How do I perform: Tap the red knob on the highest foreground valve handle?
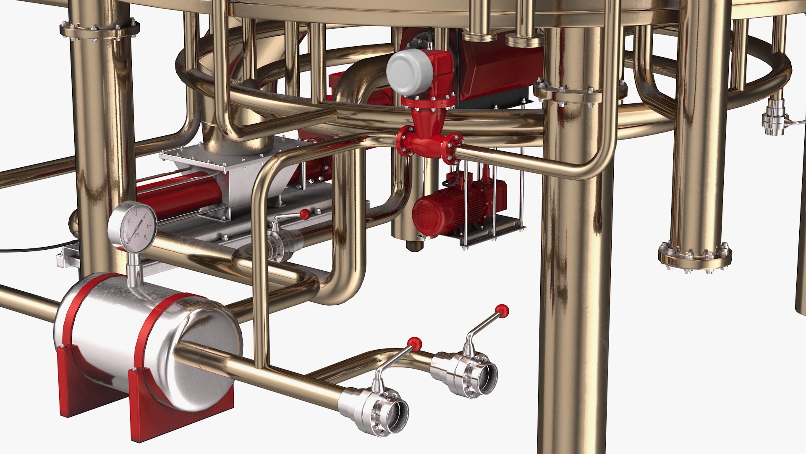pos(502,311)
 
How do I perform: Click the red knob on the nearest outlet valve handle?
pos(414,343)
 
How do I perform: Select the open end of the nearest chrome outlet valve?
pos(397,416)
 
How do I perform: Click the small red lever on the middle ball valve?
pos(304,214)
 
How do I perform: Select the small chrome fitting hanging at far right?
pos(774,118)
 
